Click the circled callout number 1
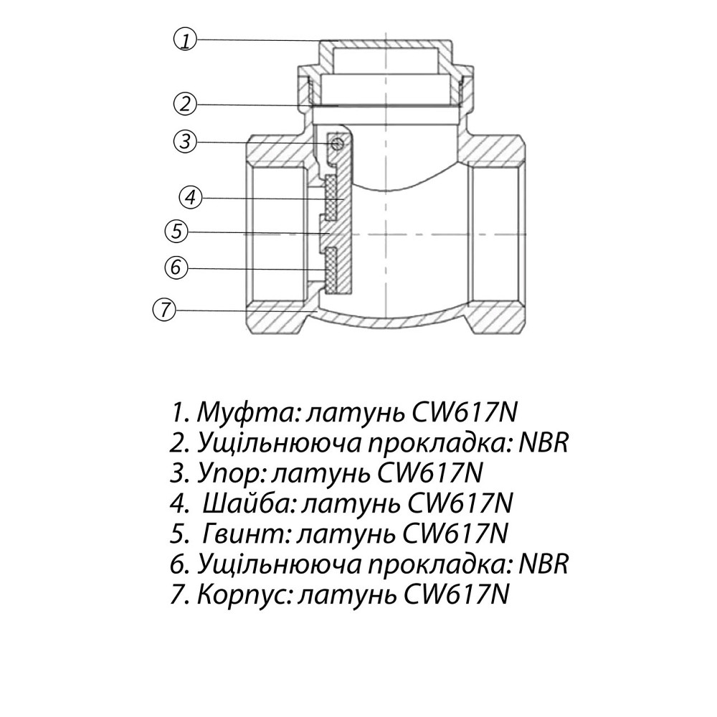tap(185, 39)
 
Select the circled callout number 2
tap(185, 104)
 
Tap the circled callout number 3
tap(185, 141)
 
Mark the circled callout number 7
tap(164, 310)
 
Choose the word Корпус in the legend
tap(242, 596)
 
